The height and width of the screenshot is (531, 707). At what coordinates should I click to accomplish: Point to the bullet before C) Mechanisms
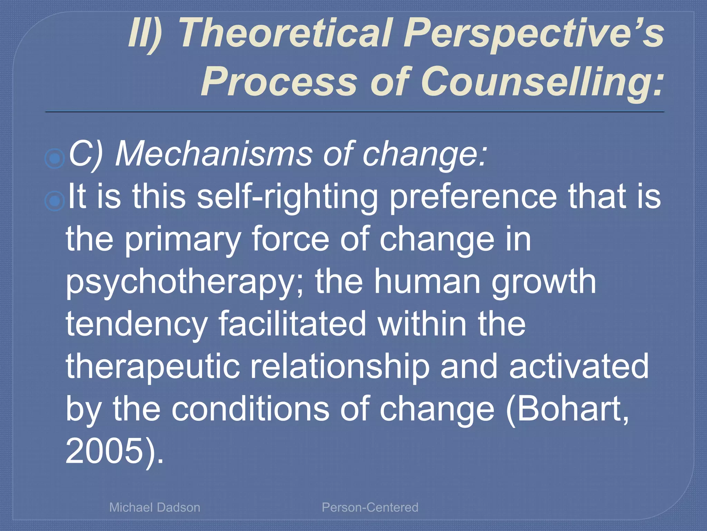point(55,159)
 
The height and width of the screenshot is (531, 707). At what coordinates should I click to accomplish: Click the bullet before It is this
point(55,201)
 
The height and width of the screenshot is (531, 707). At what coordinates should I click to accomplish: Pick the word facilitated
point(292,324)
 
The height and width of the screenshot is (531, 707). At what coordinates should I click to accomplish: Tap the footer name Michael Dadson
point(155,507)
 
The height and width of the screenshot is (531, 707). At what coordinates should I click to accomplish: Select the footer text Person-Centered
point(370,507)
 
